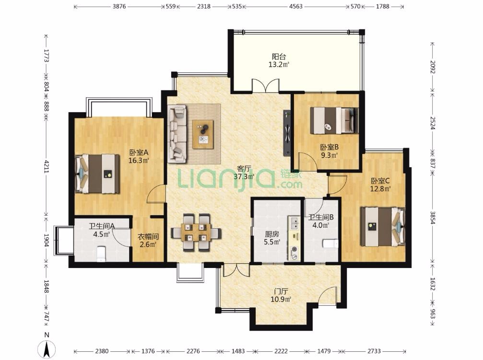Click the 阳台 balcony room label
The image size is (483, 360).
pyautogui.click(x=279, y=57)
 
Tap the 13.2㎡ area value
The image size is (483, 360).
pyautogui.click(x=279, y=64)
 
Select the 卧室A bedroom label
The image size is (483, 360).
pyautogui.click(x=139, y=152)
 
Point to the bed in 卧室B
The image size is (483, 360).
pyautogui.click(x=334, y=120)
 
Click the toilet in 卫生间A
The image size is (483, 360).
pyautogui.click(x=101, y=254)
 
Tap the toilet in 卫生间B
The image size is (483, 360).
pyautogui.click(x=330, y=244)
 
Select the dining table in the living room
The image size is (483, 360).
pyautogui.click(x=196, y=232)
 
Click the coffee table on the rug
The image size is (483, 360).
pyautogui.click(x=203, y=135)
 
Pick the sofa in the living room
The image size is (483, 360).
pyautogui.click(x=177, y=133)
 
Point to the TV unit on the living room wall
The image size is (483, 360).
pyautogui.click(x=287, y=133)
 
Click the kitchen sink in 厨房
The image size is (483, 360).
pyautogui.click(x=294, y=223)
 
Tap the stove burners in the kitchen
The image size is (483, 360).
pyautogui.click(x=295, y=253)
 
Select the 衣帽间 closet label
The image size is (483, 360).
pyautogui.click(x=148, y=237)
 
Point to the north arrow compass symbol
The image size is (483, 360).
pyautogui.click(x=47, y=349)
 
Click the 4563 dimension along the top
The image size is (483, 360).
pyautogui.click(x=295, y=6)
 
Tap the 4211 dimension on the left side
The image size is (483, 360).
pyautogui.click(x=46, y=166)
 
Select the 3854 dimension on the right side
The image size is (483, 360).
pyautogui.click(x=433, y=218)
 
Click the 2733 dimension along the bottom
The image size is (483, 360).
pyautogui.click(x=374, y=351)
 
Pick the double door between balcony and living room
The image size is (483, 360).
pyautogui.click(x=266, y=85)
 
